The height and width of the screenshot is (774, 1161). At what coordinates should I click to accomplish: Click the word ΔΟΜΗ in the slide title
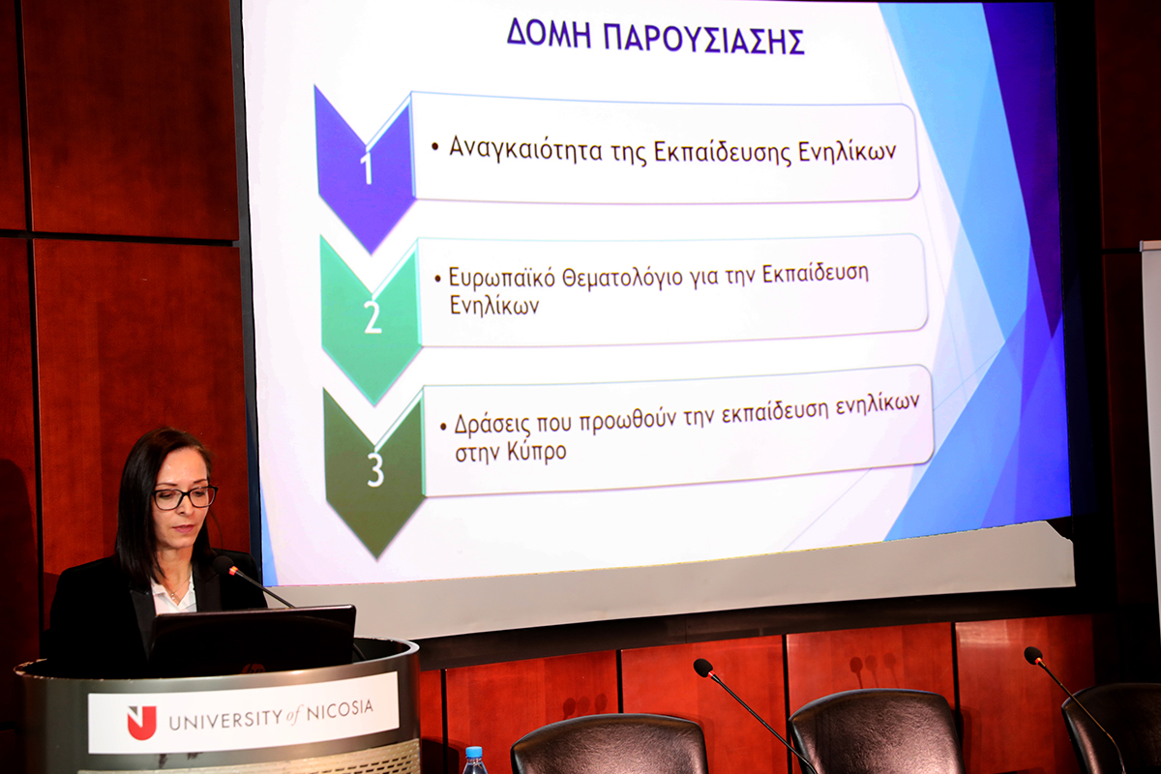549,34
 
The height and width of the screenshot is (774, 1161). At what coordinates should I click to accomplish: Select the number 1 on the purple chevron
367,167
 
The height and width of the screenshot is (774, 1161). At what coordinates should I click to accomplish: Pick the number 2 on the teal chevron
372,316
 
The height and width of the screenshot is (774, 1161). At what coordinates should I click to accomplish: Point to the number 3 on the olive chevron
375,469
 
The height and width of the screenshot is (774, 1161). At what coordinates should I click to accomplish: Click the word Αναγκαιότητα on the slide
525,149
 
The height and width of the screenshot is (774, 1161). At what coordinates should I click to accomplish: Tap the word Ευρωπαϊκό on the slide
502,278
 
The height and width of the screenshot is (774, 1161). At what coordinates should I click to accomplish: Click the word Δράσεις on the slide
492,425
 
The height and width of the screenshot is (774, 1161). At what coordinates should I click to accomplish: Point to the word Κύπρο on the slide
536,452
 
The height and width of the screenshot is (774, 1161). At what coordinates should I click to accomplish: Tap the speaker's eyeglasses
185,497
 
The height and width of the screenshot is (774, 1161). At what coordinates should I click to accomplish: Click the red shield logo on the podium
141,722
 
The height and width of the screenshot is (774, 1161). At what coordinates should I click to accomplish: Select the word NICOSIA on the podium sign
340,710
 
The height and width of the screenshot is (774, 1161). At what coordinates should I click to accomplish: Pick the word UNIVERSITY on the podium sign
226,719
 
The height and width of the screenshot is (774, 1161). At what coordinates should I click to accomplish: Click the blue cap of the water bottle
474,752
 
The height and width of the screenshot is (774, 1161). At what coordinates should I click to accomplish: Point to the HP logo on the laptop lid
253,669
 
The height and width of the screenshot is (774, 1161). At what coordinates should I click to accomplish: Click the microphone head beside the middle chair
703,668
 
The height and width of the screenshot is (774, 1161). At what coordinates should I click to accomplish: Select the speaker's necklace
177,591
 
